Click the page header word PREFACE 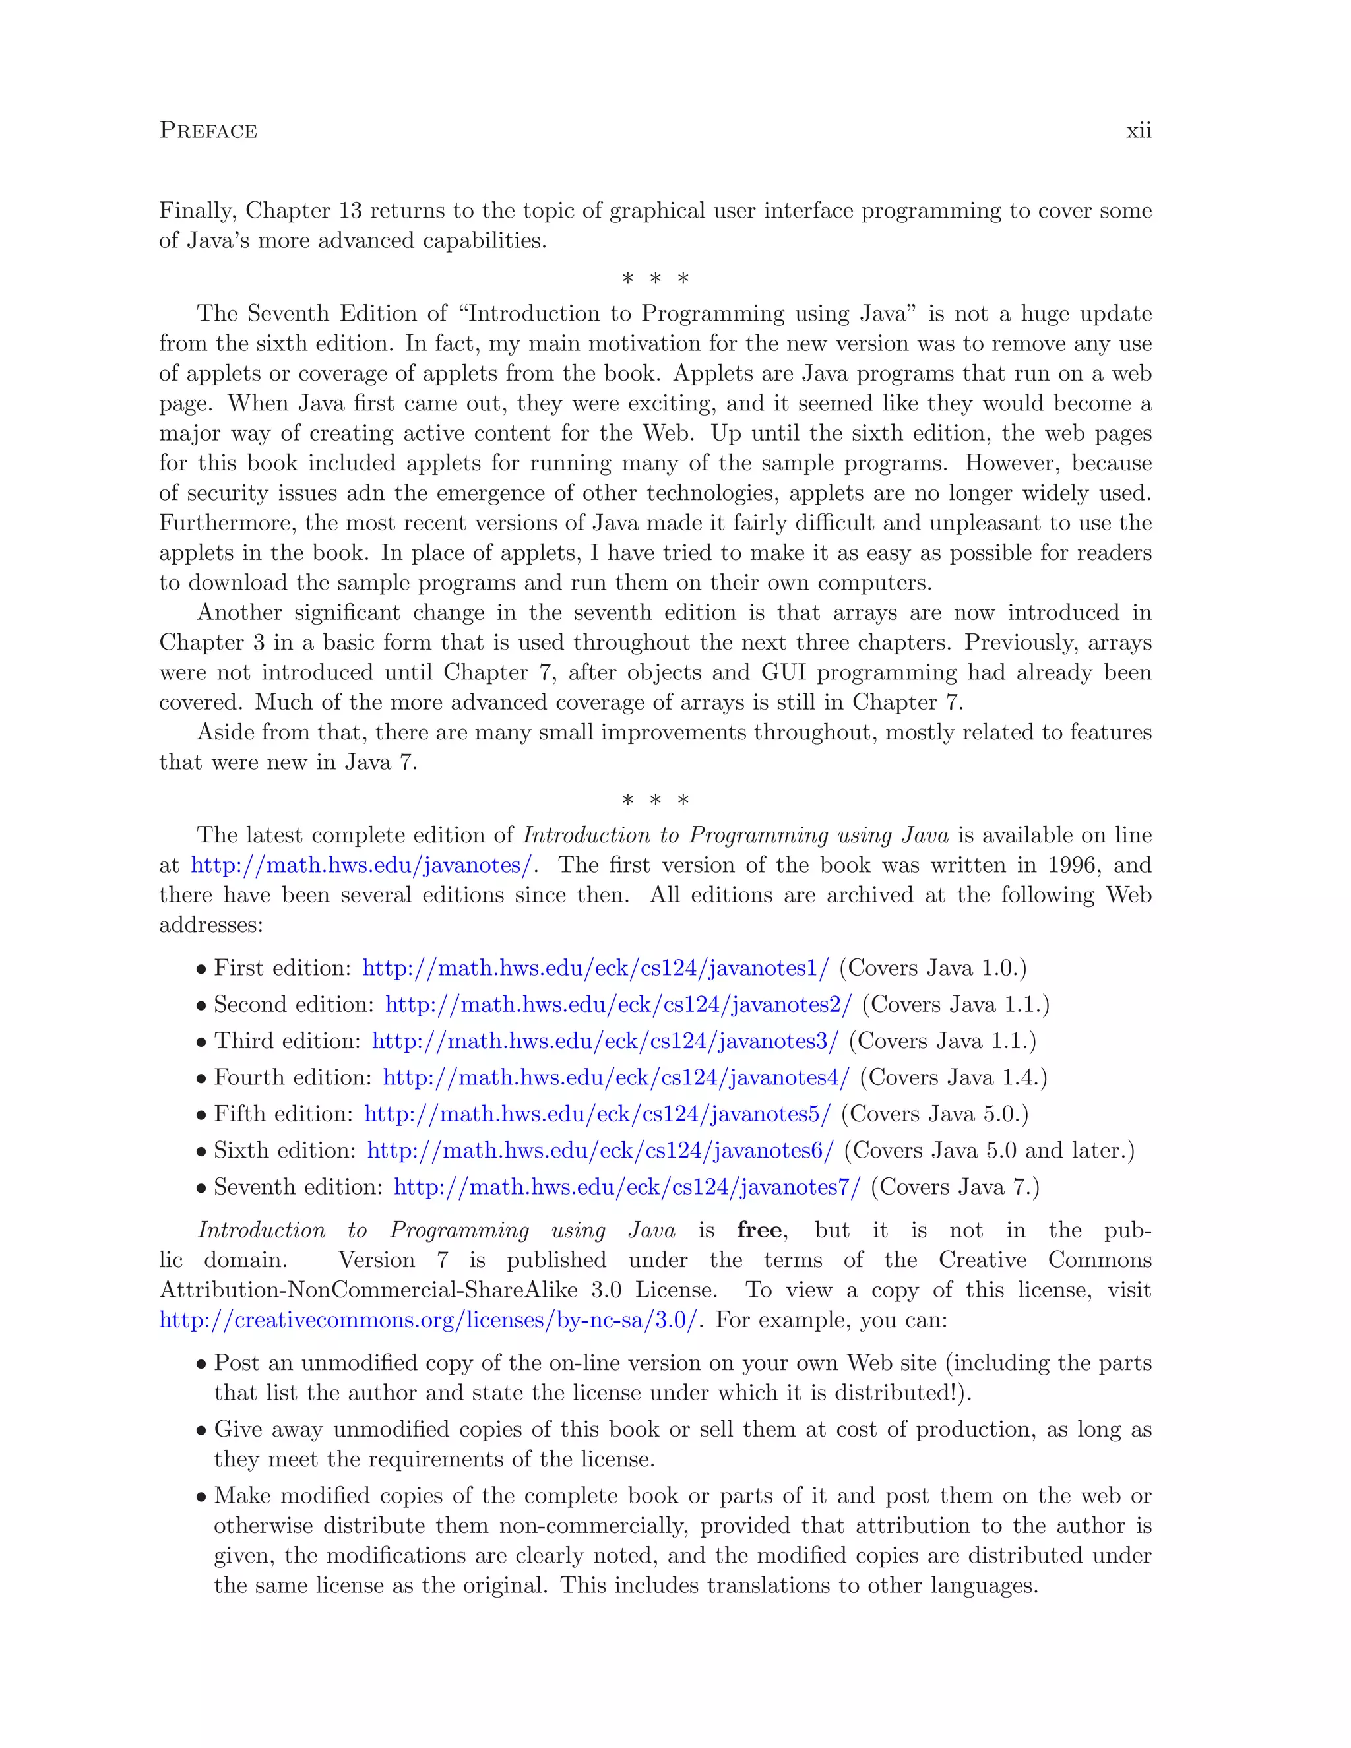tap(208, 131)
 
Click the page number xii tap(1138, 131)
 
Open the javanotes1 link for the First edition tap(596, 968)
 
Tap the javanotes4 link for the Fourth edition tap(615, 1078)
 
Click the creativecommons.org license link tap(428, 1320)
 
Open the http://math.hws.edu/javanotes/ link tap(361, 865)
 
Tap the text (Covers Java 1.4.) tap(953, 1078)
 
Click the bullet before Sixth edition tap(201, 1152)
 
